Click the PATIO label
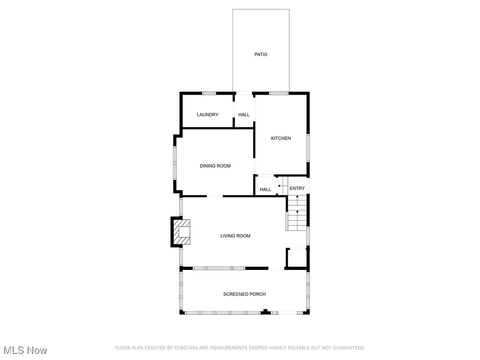pyautogui.click(x=261, y=55)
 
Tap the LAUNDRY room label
pyautogui.click(x=207, y=115)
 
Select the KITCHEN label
pyautogui.click(x=281, y=138)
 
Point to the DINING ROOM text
pyautogui.click(x=215, y=166)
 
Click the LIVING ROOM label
pyautogui.click(x=235, y=236)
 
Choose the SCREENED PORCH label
pyautogui.click(x=244, y=294)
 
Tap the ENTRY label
pyautogui.click(x=297, y=188)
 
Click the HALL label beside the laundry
pyautogui.click(x=244, y=115)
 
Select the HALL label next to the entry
pyautogui.click(x=265, y=190)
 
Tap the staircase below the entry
pyautogui.click(x=297, y=213)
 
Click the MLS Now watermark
pyautogui.click(x=25, y=351)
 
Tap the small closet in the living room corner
pyautogui.click(x=297, y=259)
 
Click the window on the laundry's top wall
pyautogui.click(x=209, y=93)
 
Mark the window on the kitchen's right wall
pyautogui.click(x=308, y=148)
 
